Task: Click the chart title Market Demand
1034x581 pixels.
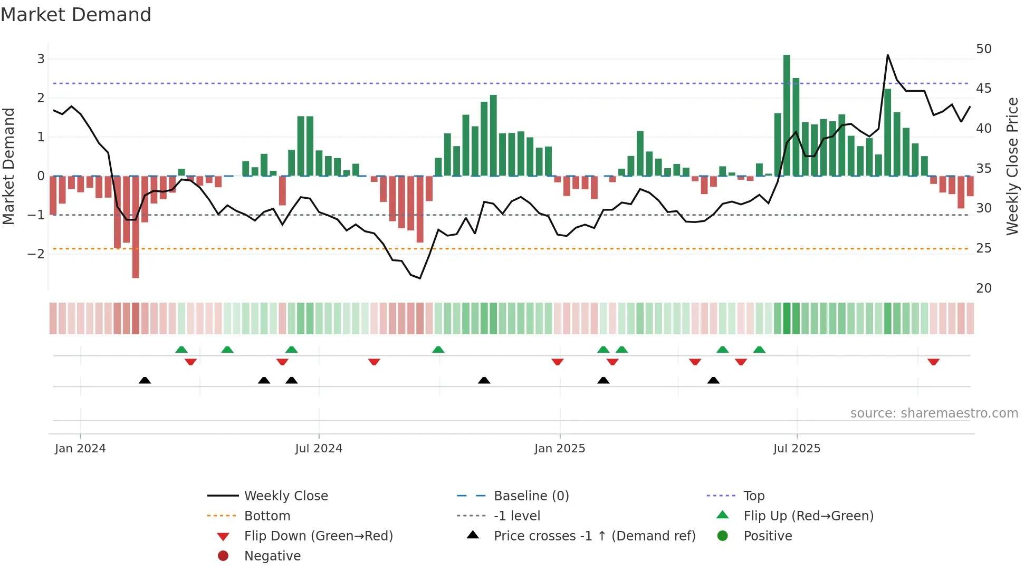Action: pos(76,15)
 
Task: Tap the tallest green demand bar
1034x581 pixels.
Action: pos(787,116)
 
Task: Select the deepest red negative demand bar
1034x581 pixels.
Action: pos(136,227)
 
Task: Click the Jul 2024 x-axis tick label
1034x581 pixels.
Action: pos(319,449)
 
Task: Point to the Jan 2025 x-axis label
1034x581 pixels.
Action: pos(560,449)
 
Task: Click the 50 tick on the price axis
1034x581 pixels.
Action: pos(983,49)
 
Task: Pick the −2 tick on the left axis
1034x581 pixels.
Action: pos(36,254)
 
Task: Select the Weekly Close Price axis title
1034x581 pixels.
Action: pos(1012,166)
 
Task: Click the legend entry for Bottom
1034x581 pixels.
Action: pos(267,516)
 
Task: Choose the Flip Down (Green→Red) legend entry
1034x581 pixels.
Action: pos(318,536)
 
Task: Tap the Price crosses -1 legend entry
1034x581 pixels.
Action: pos(594,536)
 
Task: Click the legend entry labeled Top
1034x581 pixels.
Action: pos(753,496)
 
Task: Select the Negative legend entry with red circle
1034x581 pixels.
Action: pos(272,556)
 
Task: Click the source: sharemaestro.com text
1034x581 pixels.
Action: pos(934,413)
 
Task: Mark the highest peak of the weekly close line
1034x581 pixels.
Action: pos(887,55)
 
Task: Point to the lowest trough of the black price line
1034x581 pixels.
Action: pos(420,278)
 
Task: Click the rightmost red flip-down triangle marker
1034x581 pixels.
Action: pos(933,362)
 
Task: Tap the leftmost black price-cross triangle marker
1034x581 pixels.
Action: pos(145,380)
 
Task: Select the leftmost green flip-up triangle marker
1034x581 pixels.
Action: pos(181,350)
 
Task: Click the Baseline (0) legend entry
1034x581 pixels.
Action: pos(531,496)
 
